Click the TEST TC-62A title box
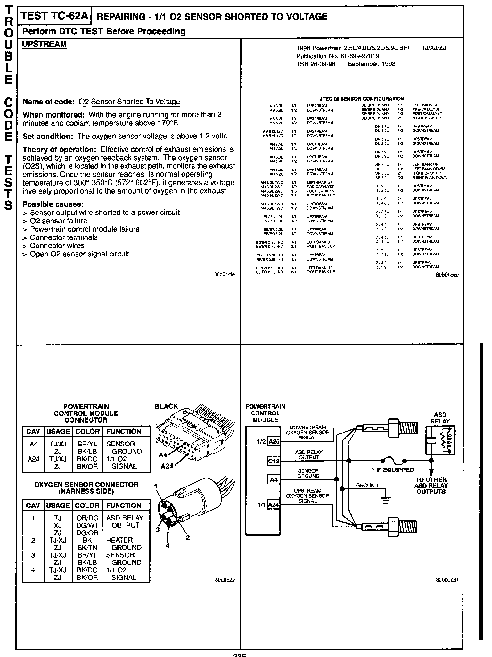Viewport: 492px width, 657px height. point(54,16)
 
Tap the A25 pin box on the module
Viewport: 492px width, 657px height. point(274,441)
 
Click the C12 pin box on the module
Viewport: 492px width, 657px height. point(274,461)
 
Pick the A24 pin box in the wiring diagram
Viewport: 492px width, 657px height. point(274,505)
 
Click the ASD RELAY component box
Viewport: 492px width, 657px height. point(440,440)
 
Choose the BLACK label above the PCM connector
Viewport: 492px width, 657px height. point(166,406)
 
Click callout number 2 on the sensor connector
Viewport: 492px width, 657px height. point(188,537)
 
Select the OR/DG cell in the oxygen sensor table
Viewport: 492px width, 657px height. point(87,518)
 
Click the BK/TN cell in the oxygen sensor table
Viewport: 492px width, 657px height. point(87,548)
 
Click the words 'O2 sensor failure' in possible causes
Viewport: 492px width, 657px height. point(59,221)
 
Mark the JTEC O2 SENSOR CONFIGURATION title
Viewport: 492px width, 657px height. point(362,99)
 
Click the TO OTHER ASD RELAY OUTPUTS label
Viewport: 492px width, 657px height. point(431,486)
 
